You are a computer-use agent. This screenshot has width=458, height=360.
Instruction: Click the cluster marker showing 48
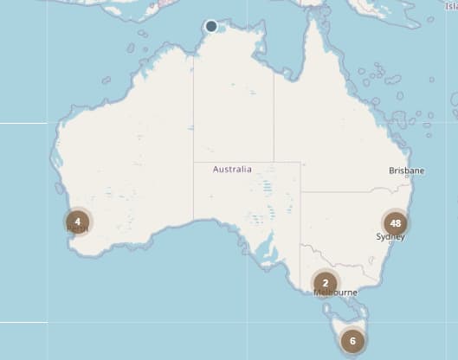(396, 222)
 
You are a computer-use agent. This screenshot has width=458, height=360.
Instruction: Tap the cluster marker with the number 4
(78, 222)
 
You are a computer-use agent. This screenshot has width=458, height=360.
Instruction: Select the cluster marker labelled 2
(325, 282)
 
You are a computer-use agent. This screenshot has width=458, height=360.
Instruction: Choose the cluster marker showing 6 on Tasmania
(352, 340)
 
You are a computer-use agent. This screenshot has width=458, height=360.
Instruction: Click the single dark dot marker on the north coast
(211, 26)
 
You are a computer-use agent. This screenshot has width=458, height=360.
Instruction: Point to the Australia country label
(232, 170)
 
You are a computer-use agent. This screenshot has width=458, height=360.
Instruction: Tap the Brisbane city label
(406, 171)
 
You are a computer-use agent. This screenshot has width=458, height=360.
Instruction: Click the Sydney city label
(390, 236)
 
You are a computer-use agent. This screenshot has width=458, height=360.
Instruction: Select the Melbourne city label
(335, 292)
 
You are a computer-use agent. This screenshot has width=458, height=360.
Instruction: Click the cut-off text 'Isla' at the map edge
(451, 7)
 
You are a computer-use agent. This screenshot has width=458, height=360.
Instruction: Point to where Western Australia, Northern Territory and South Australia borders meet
(193, 162)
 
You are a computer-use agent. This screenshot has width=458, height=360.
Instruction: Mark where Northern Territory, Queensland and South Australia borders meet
(274, 162)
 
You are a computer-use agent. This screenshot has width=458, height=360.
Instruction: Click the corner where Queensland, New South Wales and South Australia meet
(300, 192)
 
